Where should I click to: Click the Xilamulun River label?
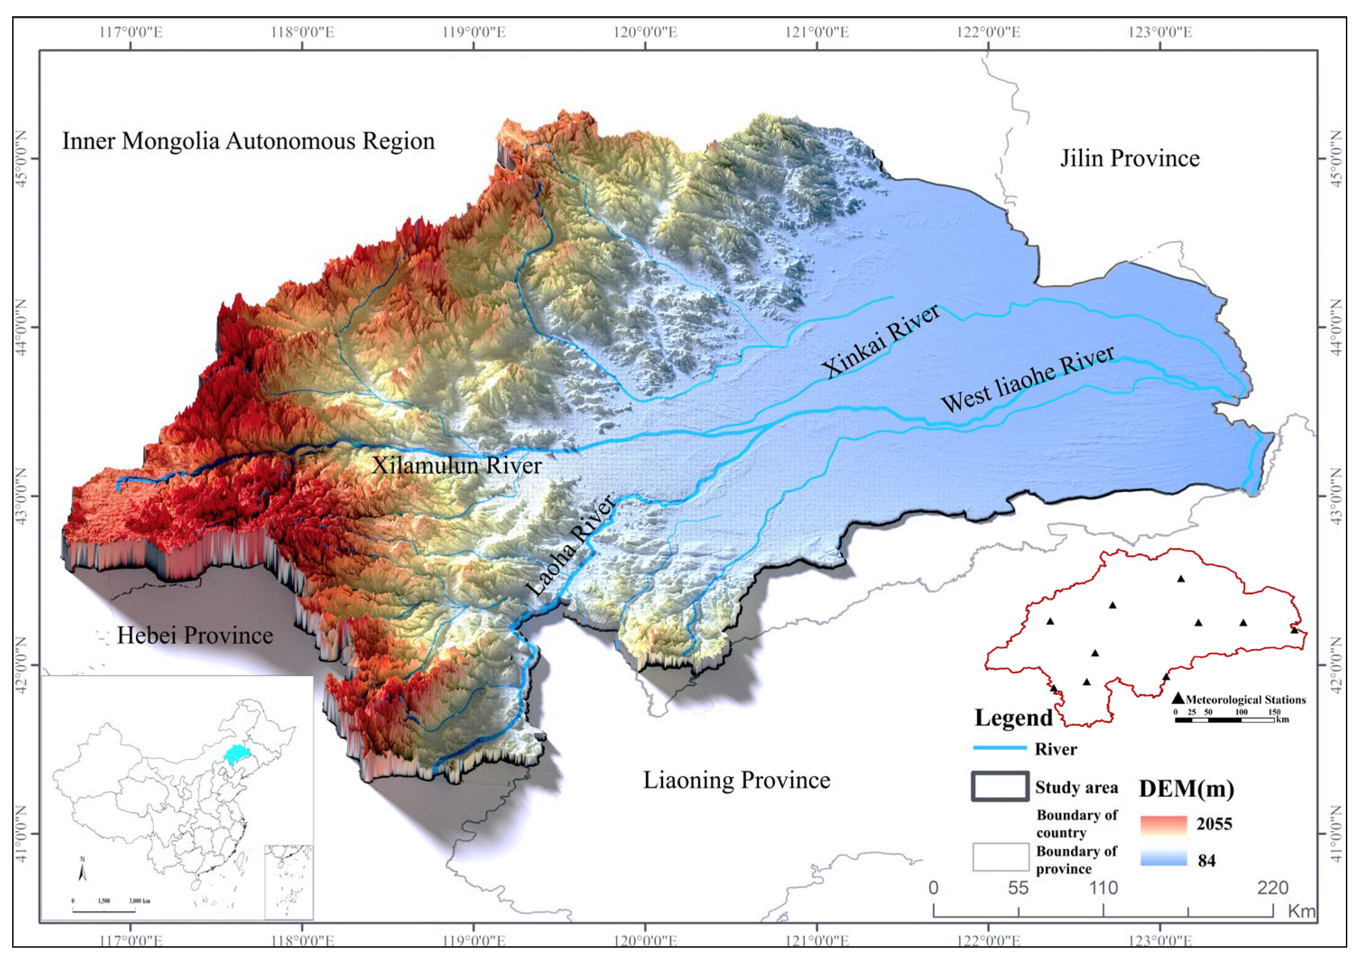point(456,465)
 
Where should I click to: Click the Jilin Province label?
point(1129,158)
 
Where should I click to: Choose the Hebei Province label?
point(195,636)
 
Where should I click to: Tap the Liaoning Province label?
point(737,780)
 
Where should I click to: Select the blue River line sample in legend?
point(1000,748)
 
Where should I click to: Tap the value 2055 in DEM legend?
point(1214,824)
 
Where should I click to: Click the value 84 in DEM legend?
point(1206,861)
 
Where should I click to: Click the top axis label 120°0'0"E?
point(645,32)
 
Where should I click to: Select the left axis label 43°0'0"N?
point(22,496)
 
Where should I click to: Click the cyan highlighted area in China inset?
point(237,754)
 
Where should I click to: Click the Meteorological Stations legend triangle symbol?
point(1178,699)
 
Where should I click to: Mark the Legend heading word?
point(1013,718)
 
